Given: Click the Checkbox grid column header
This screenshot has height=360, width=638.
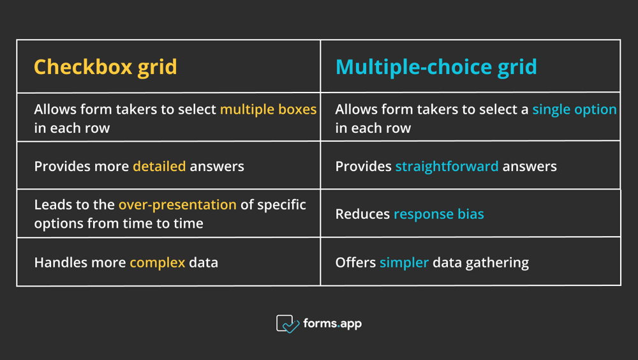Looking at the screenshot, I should (105, 67).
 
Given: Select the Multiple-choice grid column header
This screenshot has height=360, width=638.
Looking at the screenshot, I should (436, 67).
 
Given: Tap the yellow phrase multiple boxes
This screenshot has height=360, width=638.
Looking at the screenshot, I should (268, 110).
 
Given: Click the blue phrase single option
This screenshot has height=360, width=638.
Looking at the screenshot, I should (574, 110).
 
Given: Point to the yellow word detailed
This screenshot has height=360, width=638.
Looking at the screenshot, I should (159, 167).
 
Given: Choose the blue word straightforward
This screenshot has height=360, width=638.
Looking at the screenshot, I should (447, 167).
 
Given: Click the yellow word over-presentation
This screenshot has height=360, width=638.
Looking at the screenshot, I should (177, 205).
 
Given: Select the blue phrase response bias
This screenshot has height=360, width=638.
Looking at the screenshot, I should (439, 214).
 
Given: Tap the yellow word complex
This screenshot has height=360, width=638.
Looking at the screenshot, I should (158, 262).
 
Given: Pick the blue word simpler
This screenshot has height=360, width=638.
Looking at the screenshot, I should (404, 262).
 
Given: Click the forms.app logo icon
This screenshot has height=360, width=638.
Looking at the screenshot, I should (288, 324).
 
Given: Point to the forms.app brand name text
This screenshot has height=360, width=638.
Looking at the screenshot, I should (332, 324).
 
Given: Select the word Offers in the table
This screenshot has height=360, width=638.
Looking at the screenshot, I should (355, 262).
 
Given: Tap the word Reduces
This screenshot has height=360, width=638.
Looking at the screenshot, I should (362, 214).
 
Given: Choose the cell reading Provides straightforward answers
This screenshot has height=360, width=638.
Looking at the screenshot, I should (470, 166).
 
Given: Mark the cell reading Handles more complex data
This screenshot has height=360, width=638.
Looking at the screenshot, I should (168, 262).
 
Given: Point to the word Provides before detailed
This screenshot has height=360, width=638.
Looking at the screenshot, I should (62, 167).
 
